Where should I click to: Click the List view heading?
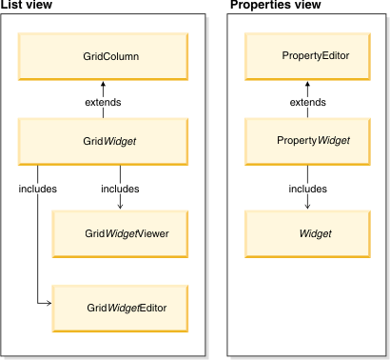click(x=25, y=7)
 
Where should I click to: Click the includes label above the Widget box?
click(x=308, y=188)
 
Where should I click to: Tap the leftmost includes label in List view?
click(x=38, y=188)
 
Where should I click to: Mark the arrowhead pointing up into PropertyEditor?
click(x=308, y=84)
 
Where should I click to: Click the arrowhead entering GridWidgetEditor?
click(x=47, y=302)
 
